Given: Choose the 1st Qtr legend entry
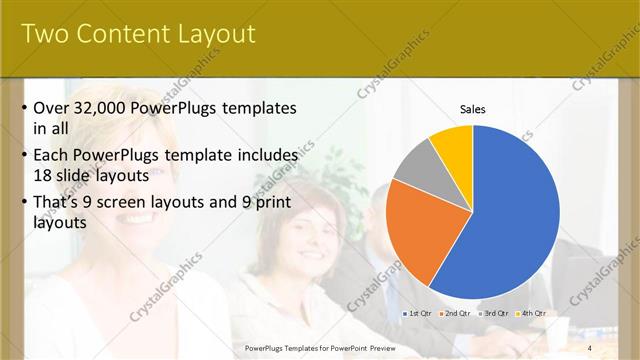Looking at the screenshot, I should tap(418, 313).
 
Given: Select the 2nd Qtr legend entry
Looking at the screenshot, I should tap(455, 313).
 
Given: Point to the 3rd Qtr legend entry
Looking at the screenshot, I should tap(493, 313).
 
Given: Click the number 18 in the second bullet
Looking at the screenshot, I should tap(44, 174).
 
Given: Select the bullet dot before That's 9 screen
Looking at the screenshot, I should tap(24, 203).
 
